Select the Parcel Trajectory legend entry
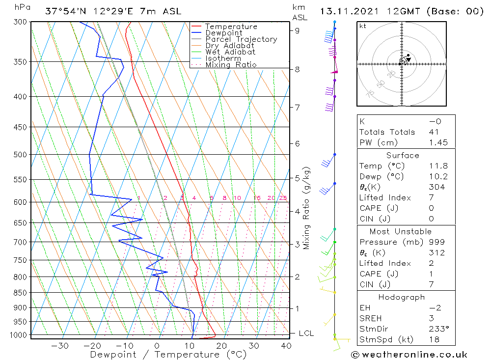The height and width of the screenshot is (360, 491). click(x=241, y=39)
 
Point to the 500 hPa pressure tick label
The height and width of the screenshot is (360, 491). click(x=20, y=155)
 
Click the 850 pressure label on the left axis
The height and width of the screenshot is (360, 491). click(x=20, y=293)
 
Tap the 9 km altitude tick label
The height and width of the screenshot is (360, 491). click(x=297, y=30)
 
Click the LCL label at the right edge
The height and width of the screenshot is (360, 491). click(x=306, y=333)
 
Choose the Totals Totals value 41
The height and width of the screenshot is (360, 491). click(x=434, y=132)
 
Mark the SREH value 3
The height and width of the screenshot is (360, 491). click(x=431, y=319)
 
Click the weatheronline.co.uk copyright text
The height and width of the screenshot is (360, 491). click(x=409, y=355)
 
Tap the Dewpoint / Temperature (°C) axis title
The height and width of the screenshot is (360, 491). click(x=168, y=355)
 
